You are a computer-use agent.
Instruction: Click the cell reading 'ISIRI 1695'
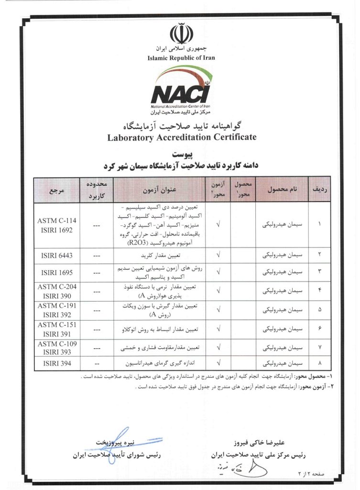point(56,272)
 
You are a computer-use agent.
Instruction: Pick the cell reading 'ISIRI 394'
point(56,363)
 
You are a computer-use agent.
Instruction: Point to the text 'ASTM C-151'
point(56,324)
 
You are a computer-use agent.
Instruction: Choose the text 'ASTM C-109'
point(56,344)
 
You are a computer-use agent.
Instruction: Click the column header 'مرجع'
point(56,190)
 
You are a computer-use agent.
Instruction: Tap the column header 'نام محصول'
point(281,190)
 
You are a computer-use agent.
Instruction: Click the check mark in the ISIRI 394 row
point(218,363)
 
